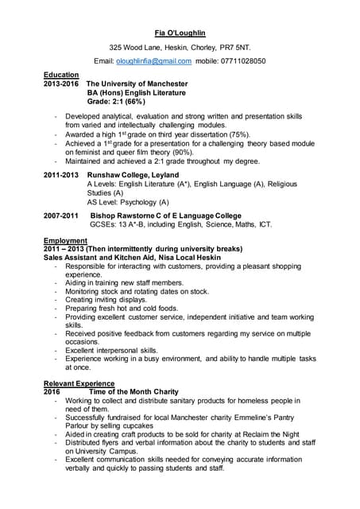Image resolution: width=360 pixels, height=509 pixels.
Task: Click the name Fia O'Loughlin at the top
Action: click(180, 34)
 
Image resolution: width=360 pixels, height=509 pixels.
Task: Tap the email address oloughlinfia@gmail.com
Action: click(153, 61)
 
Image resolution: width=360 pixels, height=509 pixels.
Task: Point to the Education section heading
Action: click(61, 75)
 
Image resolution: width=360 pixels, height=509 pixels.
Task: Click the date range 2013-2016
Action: click(61, 84)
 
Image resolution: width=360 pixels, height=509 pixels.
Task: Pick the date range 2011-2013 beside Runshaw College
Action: click(61, 175)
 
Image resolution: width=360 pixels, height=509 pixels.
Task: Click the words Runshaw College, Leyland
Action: click(133, 175)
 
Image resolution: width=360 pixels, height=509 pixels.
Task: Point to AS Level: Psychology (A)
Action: click(127, 202)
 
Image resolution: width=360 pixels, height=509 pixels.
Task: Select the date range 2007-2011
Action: click(61, 216)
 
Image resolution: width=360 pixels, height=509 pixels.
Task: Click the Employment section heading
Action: click(66, 241)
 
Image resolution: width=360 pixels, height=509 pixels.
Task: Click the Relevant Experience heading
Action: click(78, 383)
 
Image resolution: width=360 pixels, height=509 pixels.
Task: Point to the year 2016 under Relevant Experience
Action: click(52, 392)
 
